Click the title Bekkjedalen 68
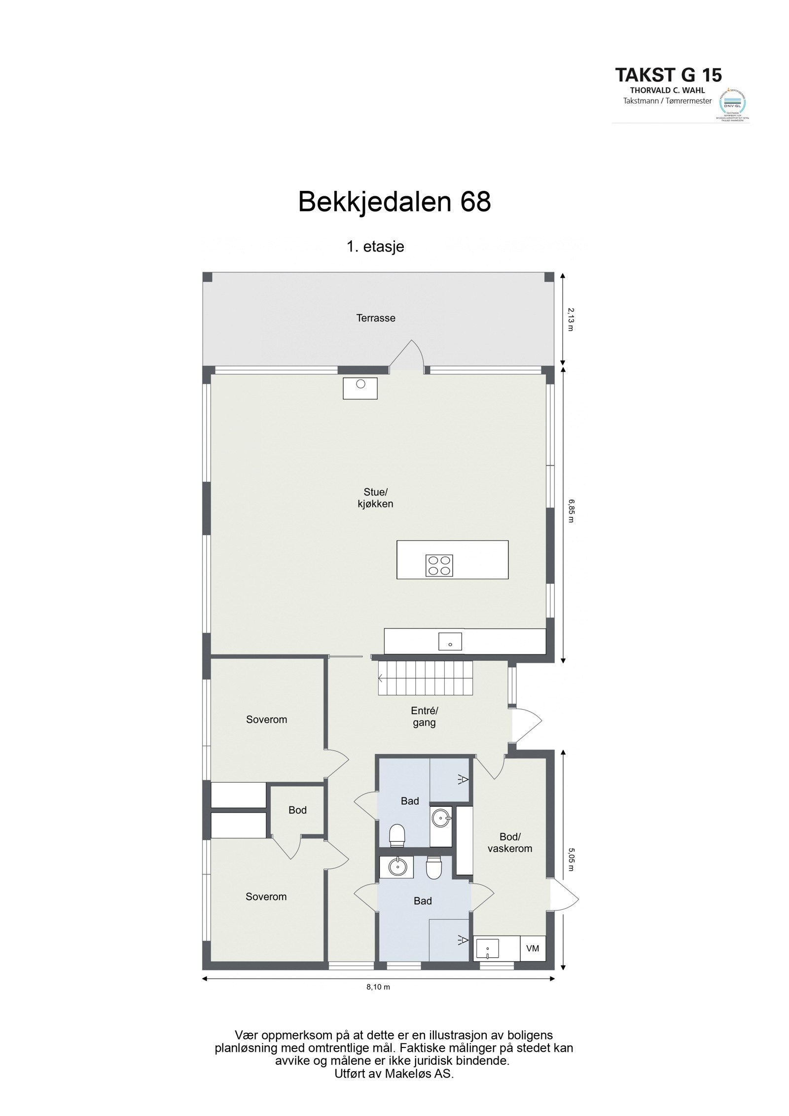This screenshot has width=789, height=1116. point(394,202)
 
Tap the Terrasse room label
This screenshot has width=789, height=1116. point(376,318)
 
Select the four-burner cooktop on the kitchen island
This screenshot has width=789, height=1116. point(439,565)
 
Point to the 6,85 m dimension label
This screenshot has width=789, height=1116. point(571,511)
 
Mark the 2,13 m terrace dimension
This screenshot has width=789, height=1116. point(571,319)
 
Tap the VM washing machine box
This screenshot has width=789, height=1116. point(533,948)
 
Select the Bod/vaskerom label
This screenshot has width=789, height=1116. point(509,842)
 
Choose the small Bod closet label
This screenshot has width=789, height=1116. point(297,810)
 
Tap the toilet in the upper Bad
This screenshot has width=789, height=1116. point(397,835)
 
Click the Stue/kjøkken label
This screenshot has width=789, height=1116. point(376,498)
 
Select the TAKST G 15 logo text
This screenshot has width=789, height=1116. point(668,75)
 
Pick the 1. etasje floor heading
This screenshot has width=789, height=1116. point(375,247)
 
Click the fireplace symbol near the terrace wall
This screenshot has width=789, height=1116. point(360,388)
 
